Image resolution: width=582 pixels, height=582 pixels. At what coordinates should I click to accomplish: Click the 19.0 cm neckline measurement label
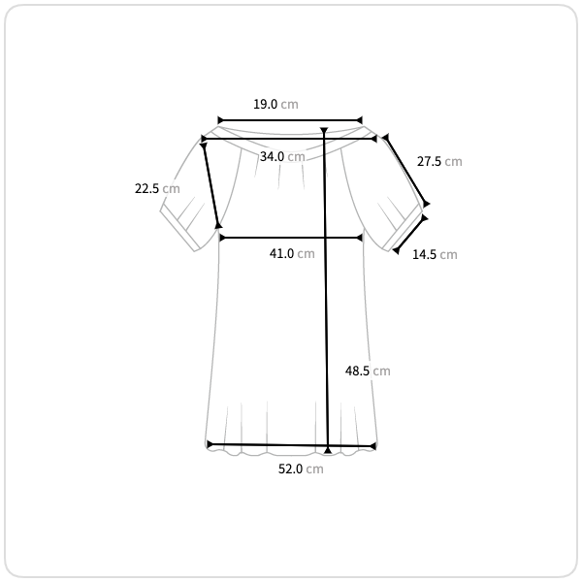pos(275,105)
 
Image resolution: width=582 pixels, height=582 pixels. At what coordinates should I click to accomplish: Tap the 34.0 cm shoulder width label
pos(282,156)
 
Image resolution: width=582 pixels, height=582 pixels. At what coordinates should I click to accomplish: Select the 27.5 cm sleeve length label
pos(439,161)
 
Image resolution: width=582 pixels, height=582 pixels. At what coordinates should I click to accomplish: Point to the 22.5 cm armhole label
pos(157,188)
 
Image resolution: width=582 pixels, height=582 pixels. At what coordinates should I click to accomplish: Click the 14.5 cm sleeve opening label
pos(435,254)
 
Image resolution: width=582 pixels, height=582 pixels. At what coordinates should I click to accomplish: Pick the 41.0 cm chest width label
pos(292,253)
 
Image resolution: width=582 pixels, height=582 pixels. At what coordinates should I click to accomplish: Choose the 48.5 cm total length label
pos(368,371)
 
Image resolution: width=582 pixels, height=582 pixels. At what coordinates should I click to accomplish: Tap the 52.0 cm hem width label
pos(301,469)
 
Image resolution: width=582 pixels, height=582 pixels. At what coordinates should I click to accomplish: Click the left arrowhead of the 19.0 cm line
pos(220,120)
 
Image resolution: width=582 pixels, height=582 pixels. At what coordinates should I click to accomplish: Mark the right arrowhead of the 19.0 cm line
pos(359,120)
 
